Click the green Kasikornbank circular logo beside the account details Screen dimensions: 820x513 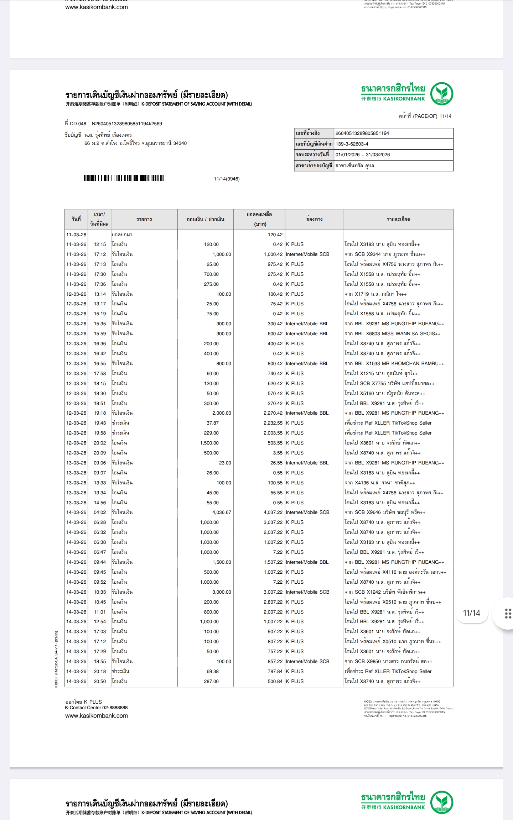point(441,94)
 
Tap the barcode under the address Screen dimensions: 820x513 point(123,178)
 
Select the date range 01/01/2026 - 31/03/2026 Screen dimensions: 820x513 point(363,155)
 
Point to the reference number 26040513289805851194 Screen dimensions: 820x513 point(362,133)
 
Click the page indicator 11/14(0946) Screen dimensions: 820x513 point(227,179)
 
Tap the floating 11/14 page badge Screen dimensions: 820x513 point(471,613)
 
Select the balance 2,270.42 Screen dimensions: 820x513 point(273,413)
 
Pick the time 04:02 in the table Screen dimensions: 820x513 point(100,512)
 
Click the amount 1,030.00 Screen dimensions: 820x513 point(209,542)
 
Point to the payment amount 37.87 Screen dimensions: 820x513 point(213,423)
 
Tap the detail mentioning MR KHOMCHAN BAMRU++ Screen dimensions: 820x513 point(394,363)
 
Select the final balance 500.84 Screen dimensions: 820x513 point(275,681)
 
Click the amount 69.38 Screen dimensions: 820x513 point(213,671)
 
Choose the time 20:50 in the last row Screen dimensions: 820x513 point(100,681)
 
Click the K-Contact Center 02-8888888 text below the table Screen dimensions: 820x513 point(96,708)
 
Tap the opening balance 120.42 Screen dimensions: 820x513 point(275,235)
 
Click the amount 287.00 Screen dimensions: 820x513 point(211,681)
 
